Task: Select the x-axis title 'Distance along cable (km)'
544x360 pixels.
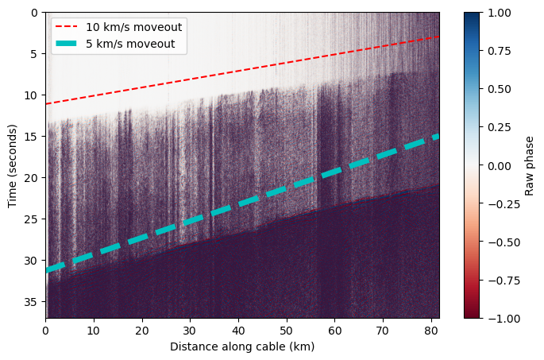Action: pos(242,346)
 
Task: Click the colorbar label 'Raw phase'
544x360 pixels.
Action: pos(530,165)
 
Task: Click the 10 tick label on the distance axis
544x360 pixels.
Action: pos(94,330)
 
